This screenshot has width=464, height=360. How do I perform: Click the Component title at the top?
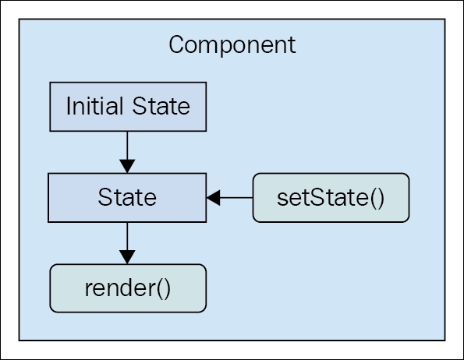(232, 45)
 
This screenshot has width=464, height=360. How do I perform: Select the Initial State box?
(128, 107)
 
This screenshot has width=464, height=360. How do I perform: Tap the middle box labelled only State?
(127, 197)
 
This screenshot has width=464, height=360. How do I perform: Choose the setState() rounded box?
(331, 197)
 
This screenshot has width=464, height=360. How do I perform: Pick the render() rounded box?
(128, 288)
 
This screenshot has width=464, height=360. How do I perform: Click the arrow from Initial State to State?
(127, 152)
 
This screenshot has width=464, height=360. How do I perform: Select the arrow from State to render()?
(127, 243)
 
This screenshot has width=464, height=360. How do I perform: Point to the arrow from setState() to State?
(229, 197)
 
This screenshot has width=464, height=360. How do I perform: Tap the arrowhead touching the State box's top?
(127, 167)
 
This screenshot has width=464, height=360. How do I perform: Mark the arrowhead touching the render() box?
(127, 257)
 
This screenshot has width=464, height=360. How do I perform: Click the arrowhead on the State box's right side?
(213, 197)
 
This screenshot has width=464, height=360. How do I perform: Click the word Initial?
(94, 106)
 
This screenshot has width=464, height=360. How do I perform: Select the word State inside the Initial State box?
(161, 106)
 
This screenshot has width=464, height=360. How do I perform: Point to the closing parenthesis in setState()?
(381, 198)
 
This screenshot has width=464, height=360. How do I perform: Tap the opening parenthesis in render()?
(161, 289)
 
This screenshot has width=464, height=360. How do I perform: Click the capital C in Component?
(177, 44)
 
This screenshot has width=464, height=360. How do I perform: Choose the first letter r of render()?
(88, 289)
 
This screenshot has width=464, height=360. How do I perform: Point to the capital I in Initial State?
(68, 106)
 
